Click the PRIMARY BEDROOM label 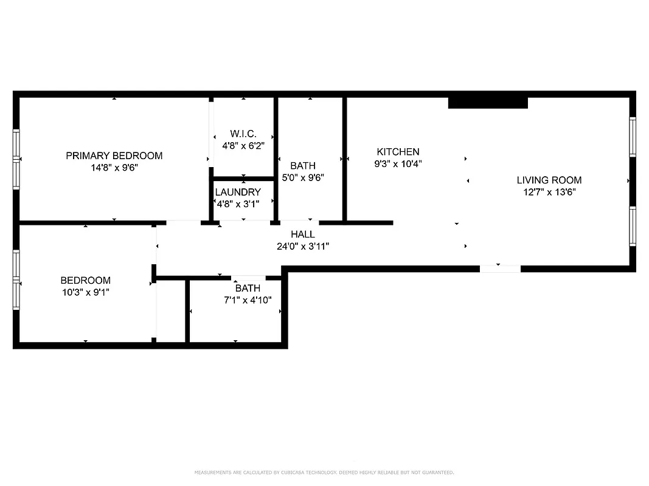tap(114, 156)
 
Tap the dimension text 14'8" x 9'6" tap(114, 168)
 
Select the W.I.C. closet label tap(243, 134)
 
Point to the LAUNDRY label tap(238, 192)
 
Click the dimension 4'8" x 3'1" tap(238, 204)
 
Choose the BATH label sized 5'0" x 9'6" tap(303, 165)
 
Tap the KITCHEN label tap(398, 152)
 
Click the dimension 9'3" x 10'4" tap(398, 163)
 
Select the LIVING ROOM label tap(549, 180)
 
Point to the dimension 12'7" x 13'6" tap(549, 192)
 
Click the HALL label tap(303, 234)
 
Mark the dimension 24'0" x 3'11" tap(303, 246)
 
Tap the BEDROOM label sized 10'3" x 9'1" tap(86, 280)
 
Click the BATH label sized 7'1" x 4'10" tap(248, 288)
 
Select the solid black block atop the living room tap(488, 103)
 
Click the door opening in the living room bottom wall tap(500, 269)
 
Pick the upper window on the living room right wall tap(633, 137)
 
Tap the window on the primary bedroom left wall tap(16, 159)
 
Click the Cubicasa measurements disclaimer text tap(324, 472)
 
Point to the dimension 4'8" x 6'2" tap(243, 146)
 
